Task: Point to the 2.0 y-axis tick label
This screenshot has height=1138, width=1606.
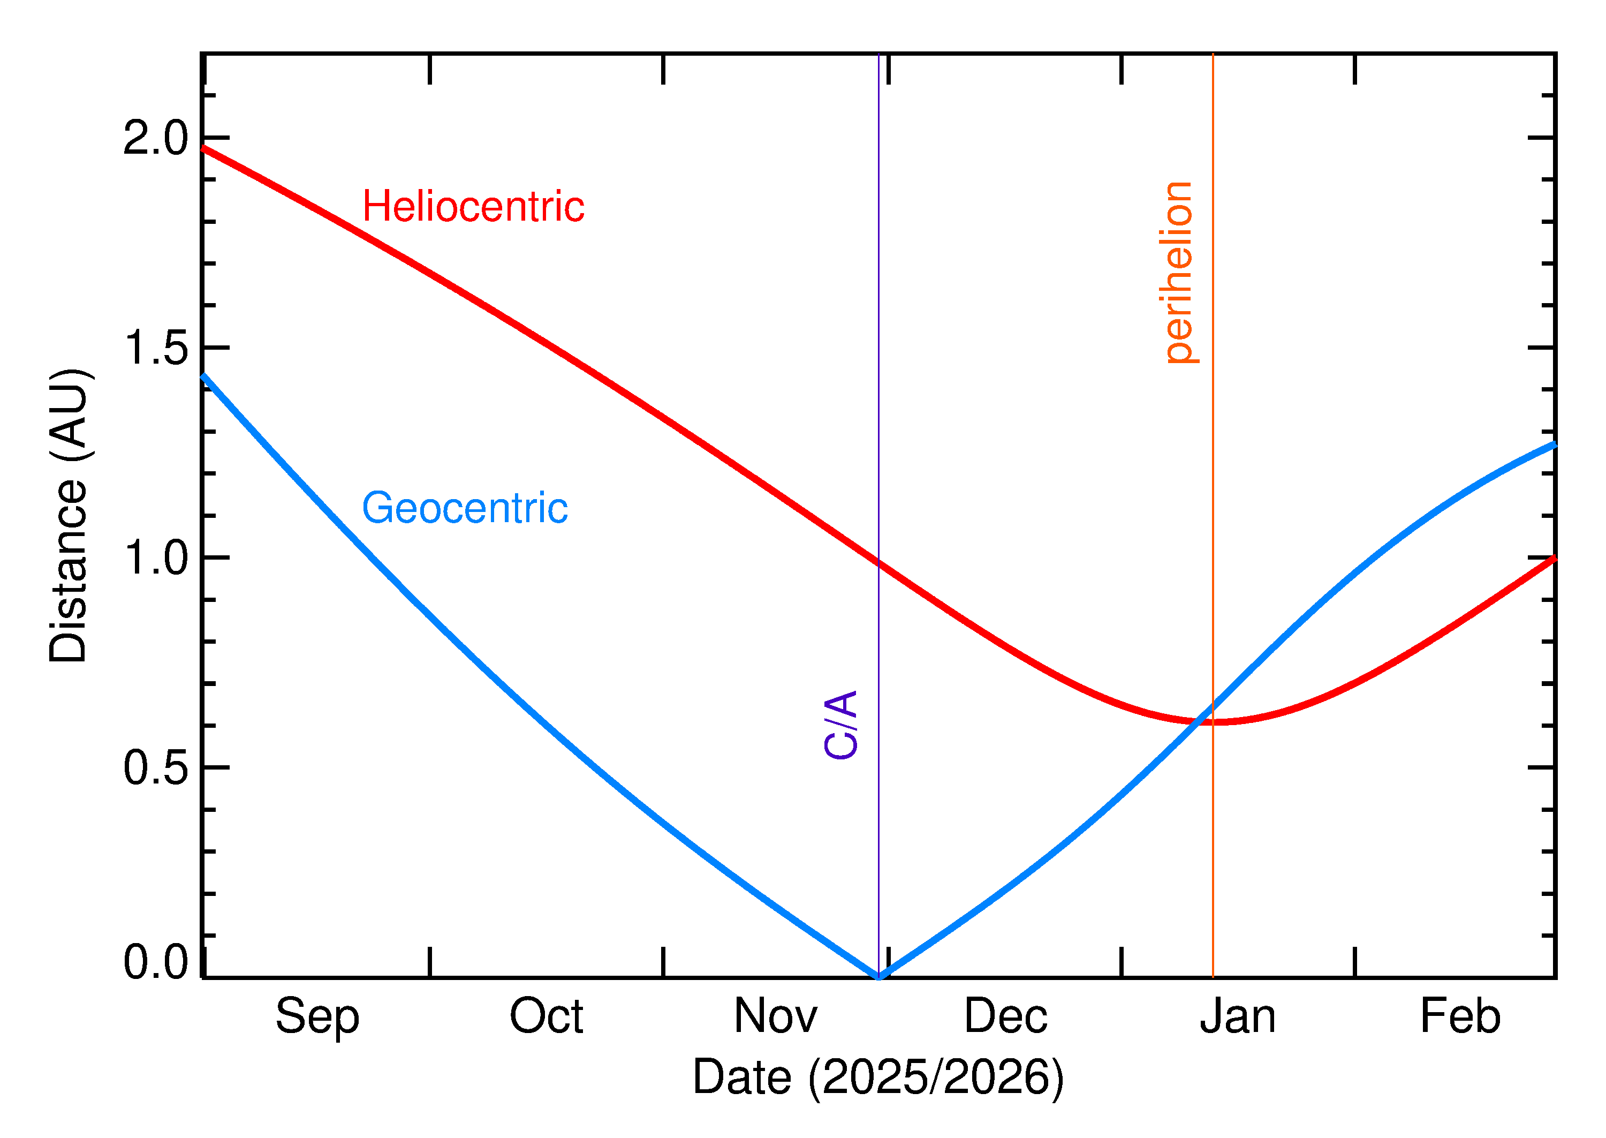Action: [x=155, y=138]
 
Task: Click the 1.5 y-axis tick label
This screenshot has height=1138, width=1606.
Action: [x=155, y=348]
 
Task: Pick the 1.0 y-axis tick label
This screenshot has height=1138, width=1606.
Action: [x=155, y=559]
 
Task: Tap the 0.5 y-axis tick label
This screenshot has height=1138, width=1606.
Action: [x=155, y=768]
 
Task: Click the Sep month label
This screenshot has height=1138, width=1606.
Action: [x=317, y=1017]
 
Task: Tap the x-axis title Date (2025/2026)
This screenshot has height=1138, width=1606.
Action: [x=878, y=1077]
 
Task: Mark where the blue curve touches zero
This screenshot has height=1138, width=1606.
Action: [x=878, y=976]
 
